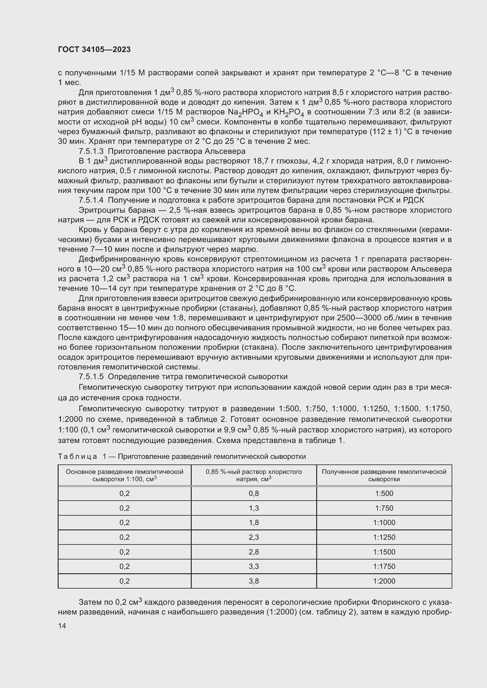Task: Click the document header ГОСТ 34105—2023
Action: (94, 49)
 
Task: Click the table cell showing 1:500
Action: (384, 494)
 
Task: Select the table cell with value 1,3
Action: (254, 508)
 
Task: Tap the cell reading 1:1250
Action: (384, 537)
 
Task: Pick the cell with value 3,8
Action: (254, 581)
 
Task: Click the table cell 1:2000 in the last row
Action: (384, 581)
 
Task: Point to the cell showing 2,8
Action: (254, 552)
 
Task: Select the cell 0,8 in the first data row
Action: (254, 494)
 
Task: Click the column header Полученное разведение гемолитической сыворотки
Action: (384, 475)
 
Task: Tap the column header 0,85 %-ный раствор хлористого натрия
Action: (254, 475)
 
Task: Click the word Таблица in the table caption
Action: (77, 457)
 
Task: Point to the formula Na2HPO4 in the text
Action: (245, 113)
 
